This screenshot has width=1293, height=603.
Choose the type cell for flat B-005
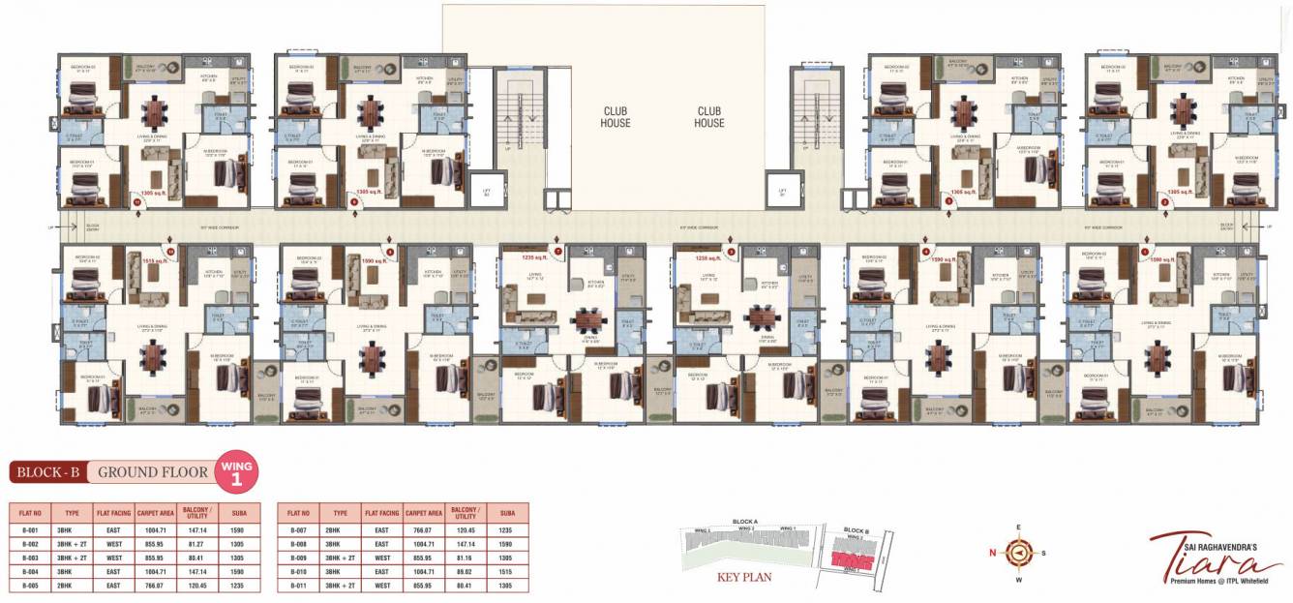pos(70,586)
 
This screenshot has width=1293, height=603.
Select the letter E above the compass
pos(1018,528)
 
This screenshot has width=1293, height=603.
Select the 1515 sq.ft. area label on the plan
pos(156,260)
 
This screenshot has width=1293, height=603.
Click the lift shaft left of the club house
pos(487,191)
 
